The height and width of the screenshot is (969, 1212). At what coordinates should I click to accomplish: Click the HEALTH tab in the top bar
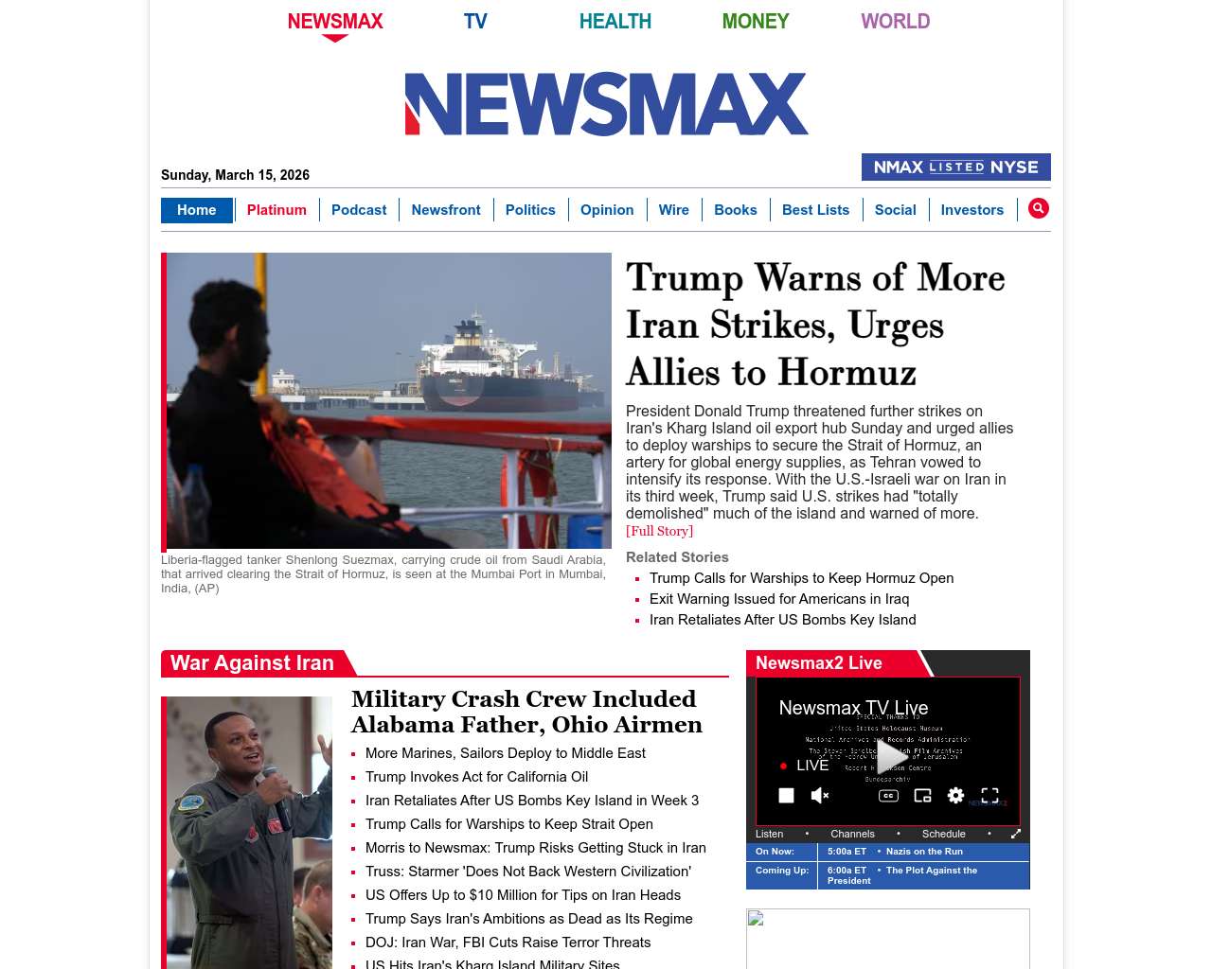[615, 21]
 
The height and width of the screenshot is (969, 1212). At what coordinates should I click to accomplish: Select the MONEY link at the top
[755, 21]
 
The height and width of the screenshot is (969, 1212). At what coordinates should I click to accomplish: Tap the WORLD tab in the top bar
[895, 21]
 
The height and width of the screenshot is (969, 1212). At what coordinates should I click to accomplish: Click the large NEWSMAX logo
[606, 104]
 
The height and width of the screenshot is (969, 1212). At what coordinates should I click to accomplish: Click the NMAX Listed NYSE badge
[955, 167]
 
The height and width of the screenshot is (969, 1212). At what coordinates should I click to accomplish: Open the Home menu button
[196, 210]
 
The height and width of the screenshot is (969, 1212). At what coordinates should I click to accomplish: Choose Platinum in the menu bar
[276, 210]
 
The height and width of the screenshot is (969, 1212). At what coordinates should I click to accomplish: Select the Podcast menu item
[359, 210]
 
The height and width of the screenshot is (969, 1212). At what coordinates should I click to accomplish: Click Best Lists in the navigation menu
[815, 210]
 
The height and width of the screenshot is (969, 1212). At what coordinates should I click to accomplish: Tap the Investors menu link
[971, 210]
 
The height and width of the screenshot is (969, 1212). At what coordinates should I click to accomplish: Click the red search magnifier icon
[1038, 208]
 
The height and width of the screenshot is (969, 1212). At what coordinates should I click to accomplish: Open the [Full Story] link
[659, 532]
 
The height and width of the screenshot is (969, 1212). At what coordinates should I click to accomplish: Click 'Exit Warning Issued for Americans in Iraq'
[778, 599]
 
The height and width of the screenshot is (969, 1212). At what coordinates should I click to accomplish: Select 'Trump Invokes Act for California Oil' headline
[476, 777]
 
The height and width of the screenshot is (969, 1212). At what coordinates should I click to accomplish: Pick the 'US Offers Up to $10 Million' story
[523, 895]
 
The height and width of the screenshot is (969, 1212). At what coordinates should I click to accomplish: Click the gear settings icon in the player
[955, 796]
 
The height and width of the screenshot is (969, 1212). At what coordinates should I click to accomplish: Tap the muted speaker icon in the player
[820, 796]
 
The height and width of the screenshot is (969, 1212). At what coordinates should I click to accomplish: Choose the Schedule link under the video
[943, 834]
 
